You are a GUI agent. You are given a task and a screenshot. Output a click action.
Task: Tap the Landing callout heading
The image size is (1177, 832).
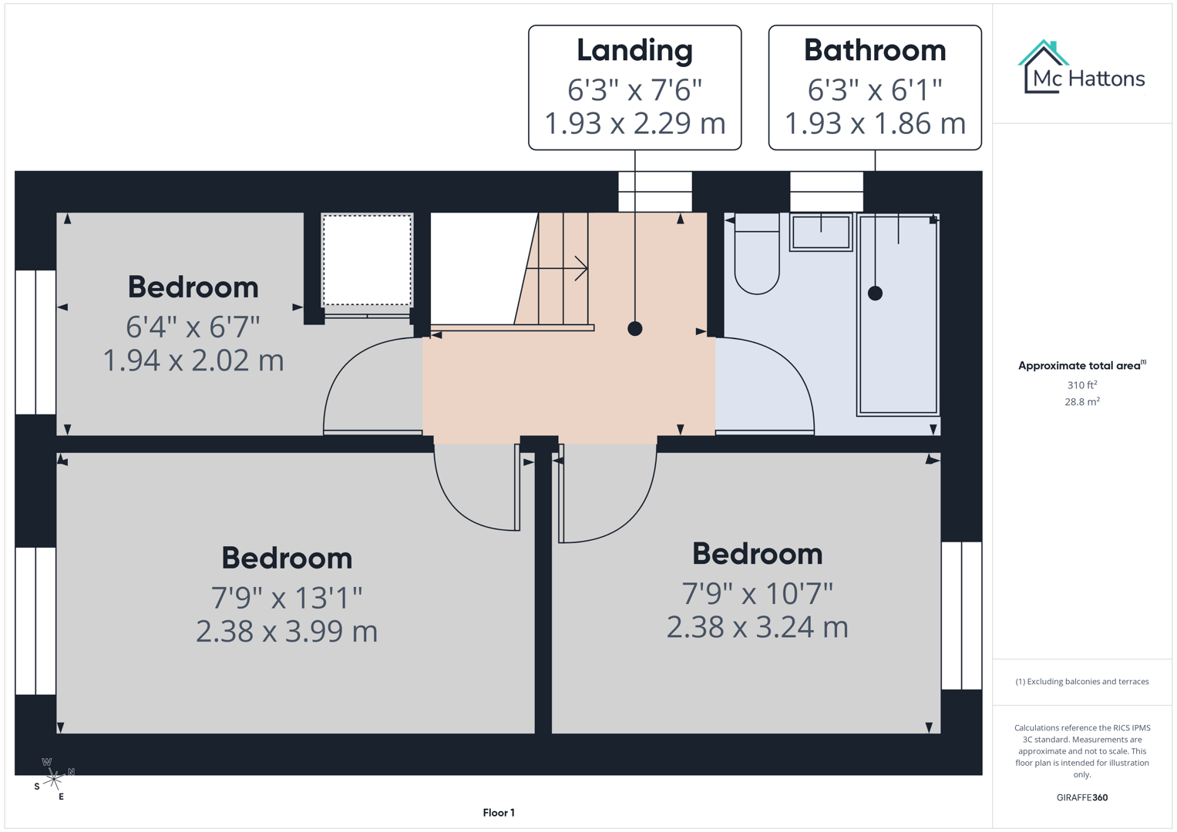coord(634,51)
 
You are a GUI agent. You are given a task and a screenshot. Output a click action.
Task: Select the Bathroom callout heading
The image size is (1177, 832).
coord(875,51)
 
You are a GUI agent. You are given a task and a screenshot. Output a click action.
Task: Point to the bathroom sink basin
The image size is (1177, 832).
coord(821,232)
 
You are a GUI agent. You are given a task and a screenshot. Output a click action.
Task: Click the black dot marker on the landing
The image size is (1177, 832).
coord(635,329)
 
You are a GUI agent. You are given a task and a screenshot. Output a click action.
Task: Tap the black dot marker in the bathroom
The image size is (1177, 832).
coord(875,294)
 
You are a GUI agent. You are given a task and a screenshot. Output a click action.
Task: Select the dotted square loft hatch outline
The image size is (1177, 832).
coord(367,260)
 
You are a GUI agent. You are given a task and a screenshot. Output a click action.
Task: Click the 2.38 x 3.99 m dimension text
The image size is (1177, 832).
coord(287,632)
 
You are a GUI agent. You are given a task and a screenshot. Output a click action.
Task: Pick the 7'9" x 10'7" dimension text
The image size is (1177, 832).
coord(757,594)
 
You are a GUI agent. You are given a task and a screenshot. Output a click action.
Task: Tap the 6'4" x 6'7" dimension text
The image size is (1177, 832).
coord(193,327)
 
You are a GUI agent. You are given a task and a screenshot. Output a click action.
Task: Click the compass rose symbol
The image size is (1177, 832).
coord(53,780)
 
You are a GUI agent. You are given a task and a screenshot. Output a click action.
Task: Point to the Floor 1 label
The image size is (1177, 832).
coord(499,813)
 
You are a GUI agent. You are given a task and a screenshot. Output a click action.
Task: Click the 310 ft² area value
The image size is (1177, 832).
coord(1082,385)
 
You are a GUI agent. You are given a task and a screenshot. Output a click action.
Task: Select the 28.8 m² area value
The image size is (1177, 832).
coord(1082,402)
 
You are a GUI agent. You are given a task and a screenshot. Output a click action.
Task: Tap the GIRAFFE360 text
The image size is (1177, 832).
coord(1082,798)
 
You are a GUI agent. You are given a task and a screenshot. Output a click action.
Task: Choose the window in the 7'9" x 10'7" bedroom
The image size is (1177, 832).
coord(961,616)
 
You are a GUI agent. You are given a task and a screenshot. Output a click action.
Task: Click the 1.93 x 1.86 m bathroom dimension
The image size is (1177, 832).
coord(875,124)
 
